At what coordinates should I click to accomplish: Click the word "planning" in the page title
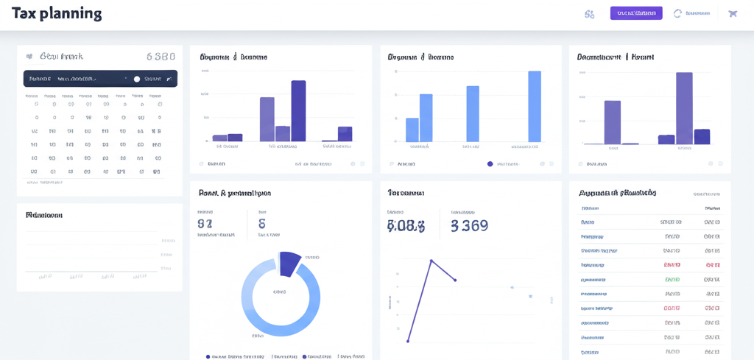coord(70,13)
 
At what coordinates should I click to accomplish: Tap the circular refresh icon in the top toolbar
coord(677,13)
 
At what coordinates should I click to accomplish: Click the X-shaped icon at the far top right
coord(732,13)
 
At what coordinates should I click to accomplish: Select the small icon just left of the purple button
coord(589,13)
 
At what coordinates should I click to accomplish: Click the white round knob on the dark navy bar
coord(136,79)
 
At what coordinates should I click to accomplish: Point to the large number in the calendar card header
coord(161,56)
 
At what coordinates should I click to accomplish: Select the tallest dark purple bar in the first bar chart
coord(298,110)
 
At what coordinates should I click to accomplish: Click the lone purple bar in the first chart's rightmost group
coord(345,133)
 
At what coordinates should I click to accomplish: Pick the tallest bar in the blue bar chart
coord(535,106)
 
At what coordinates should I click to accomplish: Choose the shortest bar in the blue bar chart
coord(412,130)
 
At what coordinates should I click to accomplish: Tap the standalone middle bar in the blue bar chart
coord(473,113)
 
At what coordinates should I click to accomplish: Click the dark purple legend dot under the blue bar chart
coord(490,164)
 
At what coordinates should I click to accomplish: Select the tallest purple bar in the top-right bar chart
coord(684,107)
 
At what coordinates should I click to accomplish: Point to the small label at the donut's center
coord(279,292)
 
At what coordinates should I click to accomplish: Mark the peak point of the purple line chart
coord(431,261)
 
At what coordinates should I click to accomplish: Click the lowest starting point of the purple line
coord(408,341)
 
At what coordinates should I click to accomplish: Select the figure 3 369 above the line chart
coord(469,226)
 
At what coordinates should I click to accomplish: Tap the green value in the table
coord(672,280)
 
